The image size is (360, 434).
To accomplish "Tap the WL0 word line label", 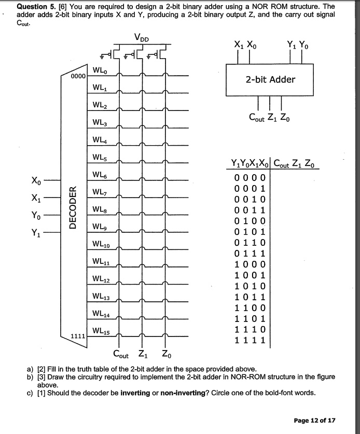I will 100,70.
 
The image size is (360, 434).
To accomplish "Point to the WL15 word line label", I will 101,330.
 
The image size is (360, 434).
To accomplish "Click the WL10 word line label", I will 101,244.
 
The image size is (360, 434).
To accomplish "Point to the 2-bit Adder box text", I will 270,79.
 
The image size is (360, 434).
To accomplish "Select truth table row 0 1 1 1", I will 251,253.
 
